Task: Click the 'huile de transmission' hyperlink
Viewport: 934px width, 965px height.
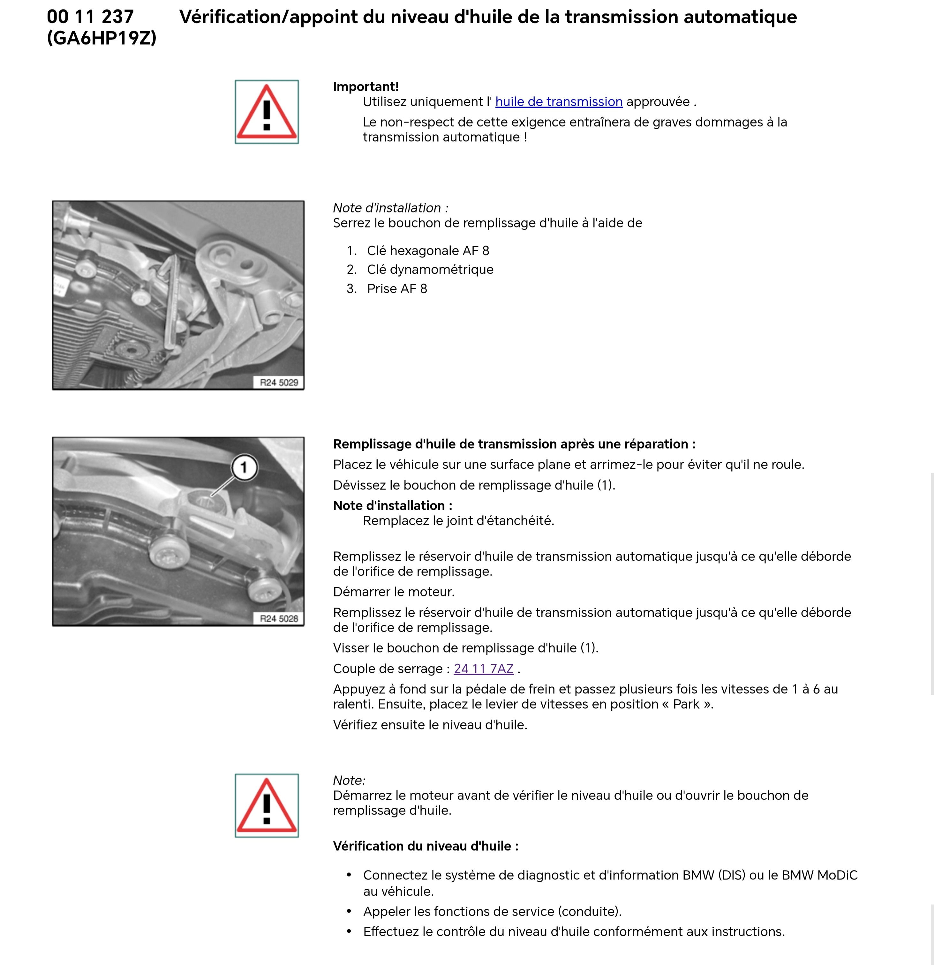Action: point(559,102)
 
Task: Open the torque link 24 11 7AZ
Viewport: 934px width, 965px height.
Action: point(484,669)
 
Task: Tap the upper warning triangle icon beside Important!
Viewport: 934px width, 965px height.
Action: point(267,112)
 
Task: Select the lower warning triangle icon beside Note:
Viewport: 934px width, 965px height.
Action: point(267,805)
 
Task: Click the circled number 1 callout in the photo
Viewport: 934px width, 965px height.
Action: point(244,467)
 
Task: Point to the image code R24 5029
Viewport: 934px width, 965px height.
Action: point(279,383)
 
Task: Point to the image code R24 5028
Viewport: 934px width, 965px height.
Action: point(279,619)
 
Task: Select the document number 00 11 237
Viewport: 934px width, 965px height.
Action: point(90,17)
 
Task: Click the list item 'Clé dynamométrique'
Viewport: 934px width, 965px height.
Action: point(430,269)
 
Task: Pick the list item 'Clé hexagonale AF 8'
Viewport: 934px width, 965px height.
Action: point(428,251)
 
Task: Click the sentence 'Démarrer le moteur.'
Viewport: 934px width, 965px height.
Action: point(394,592)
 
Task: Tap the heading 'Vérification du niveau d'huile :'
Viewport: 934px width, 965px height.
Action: point(426,846)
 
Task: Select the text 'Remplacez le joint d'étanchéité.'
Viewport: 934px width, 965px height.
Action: point(459,521)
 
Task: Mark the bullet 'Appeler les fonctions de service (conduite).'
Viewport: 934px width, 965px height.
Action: point(493,911)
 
